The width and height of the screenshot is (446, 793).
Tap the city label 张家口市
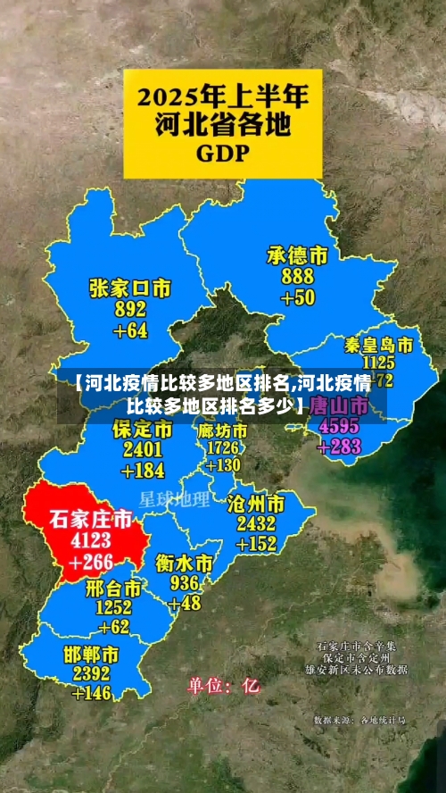pos(130,288)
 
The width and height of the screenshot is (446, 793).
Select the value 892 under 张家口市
pos(130,309)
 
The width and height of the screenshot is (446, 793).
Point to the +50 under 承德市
pos(298,297)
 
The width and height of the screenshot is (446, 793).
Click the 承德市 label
pos(298,256)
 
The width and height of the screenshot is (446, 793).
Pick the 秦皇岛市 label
pos(378,345)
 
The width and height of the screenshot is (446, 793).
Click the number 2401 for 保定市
pos(143,449)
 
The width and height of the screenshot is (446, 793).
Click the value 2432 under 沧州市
pos(256,523)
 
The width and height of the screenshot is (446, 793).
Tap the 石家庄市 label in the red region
pos(90,519)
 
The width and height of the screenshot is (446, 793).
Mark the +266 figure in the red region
pos(92,562)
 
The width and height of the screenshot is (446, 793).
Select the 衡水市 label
pos(185,563)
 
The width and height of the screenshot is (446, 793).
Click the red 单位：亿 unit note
pos(223,686)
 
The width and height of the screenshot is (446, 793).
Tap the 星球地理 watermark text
pos(174,497)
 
